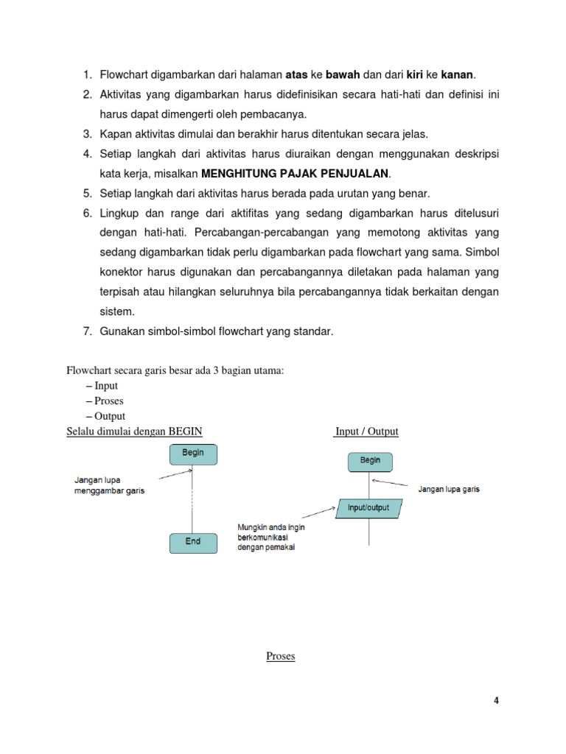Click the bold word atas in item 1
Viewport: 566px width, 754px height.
point(296,75)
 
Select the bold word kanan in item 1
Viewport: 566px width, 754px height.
point(458,75)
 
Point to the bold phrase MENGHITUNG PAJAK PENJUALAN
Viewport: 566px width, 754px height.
point(296,174)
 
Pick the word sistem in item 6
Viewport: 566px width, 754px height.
point(117,312)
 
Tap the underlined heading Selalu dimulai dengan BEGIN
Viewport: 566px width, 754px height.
point(134,431)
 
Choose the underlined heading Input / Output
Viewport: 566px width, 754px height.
point(366,431)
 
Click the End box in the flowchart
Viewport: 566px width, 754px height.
point(193,541)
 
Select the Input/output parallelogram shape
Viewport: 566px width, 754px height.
point(368,508)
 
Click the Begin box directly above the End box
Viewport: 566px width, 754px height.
point(193,454)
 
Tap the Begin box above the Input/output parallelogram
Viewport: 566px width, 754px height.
point(370,461)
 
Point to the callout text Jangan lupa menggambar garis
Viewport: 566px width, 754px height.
point(109,486)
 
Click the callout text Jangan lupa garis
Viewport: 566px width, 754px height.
point(448,489)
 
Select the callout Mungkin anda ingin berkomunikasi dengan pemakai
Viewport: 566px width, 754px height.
point(270,538)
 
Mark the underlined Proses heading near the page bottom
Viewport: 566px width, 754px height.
point(280,656)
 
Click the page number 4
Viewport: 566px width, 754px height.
point(497,701)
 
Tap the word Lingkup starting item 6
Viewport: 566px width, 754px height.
point(122,214)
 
